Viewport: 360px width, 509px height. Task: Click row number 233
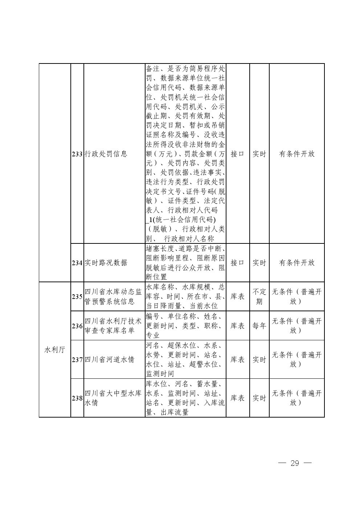tap(77, 154)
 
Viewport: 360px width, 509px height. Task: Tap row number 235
tap(77, 297)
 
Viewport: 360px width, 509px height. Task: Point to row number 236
tap(77, 326)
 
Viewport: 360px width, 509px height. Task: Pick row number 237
tap(77, 360)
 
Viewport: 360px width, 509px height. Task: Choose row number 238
tap(77, 398)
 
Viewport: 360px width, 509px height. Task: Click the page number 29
tap(294, 463)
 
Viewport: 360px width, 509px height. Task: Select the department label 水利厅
tap(54, 350)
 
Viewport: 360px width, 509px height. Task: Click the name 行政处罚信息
tap(106, 154)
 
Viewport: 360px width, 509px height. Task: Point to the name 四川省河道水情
tap(110, 360)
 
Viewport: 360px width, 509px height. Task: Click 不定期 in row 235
tap(259, 297)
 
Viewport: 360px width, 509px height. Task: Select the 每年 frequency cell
tap(259, 326)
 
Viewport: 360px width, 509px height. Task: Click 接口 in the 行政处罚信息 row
tap(238, 154)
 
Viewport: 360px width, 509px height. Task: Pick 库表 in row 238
tap(238, 398)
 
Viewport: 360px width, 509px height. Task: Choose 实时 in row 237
tap(259, 360)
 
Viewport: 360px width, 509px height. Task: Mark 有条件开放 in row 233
tap(296, 154)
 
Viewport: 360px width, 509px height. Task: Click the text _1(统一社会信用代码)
tap(181, 220)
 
